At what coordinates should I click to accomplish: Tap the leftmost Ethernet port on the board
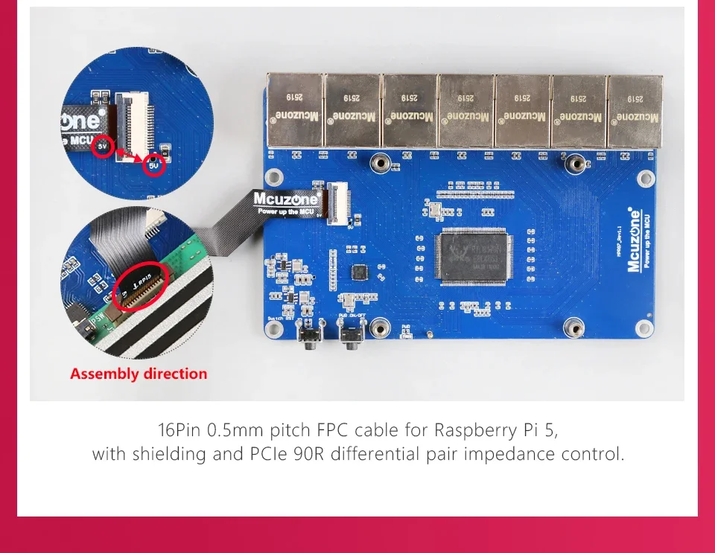click(x=296, y=110)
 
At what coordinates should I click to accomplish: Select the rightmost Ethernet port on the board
click(x=635, y=110)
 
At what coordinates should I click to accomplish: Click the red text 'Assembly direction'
click(x=139, y=374)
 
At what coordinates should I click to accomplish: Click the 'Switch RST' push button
click(x=306, y=339)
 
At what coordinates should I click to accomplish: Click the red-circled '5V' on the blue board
click(x=154, y=165)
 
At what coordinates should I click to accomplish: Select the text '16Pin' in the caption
click(x=181, y=430)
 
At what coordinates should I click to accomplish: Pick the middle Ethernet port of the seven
click(x=465, y=110)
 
